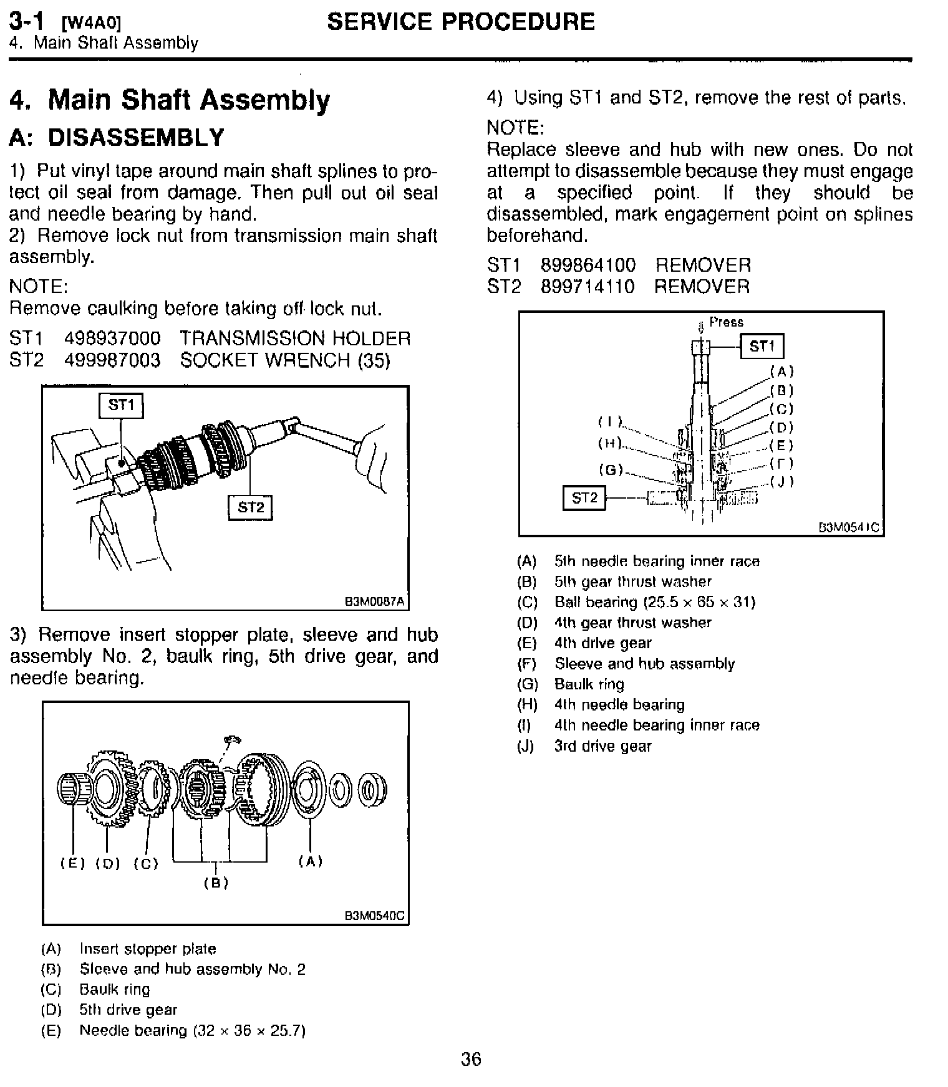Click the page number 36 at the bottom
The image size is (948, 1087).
tap(471, 1060)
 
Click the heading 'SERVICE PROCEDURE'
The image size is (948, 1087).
tap(461, 22)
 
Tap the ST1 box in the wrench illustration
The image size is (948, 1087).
tap(121, 406)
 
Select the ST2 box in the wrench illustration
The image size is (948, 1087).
tap(251, 507)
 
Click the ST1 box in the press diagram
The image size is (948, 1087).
tap(762, 347)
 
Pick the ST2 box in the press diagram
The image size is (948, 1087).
tap(584, 497)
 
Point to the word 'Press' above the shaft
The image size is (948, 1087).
tap(727, 322)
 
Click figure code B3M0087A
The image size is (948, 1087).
tap(374, 601)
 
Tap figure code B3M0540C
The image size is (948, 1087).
tap(374, 916)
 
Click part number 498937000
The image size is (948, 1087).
tap(112, 339)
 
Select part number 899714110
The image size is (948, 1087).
tap(588, 287)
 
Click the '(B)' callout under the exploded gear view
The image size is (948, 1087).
tap(216, 883)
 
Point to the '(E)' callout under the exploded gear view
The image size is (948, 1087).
tap(72, 863)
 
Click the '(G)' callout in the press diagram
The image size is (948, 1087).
tap(611, 469)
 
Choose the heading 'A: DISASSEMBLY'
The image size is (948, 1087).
tap(117, 137)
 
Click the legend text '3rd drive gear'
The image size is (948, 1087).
tap(602, 746)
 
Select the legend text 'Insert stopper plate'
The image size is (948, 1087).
tap(148, 949)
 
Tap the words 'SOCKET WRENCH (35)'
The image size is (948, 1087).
tap(285, 360)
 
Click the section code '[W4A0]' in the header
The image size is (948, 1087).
tap(91, 24)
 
